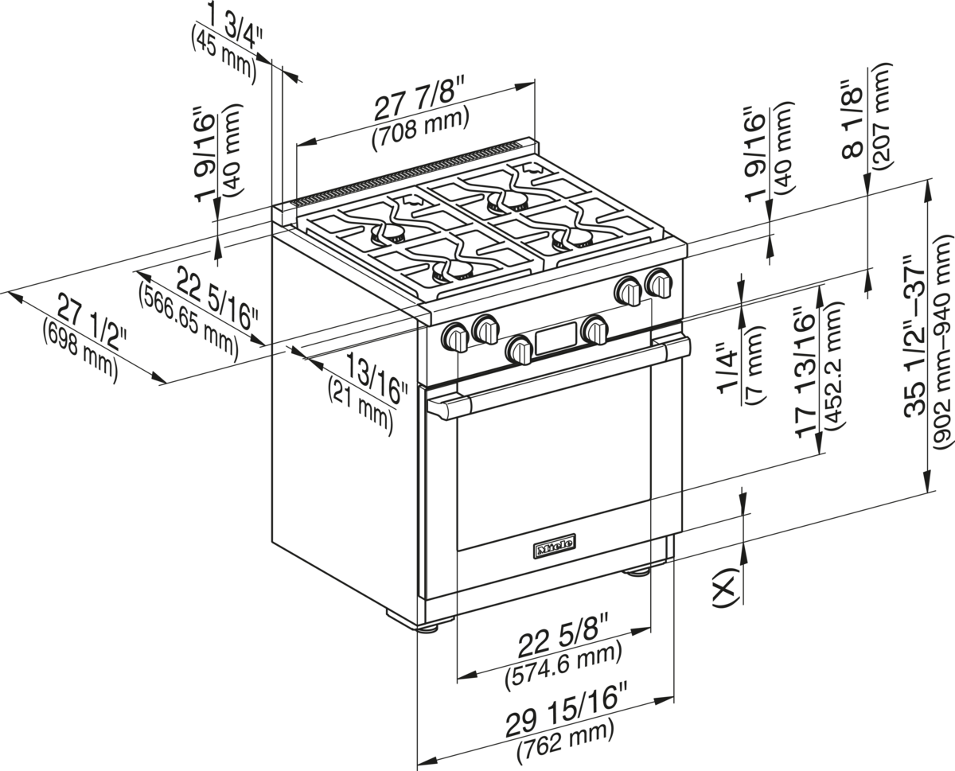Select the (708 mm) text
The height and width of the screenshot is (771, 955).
[x=420, y=124]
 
